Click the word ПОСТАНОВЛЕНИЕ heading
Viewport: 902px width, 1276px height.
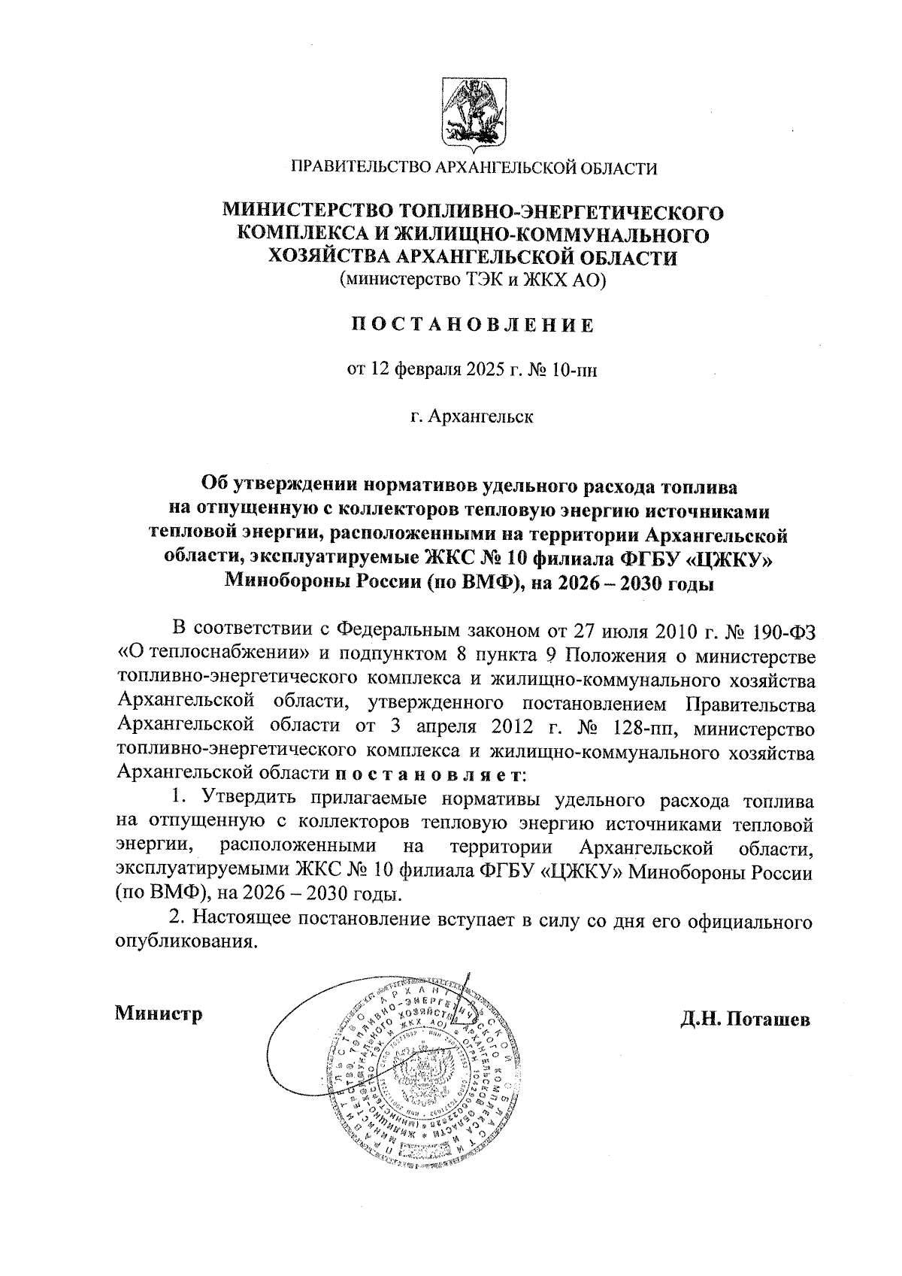click(473, 326)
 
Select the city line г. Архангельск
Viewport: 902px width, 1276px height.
click(472, 416)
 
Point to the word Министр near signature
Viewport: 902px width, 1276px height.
click(159, 1014)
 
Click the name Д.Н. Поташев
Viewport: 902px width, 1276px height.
click(745, 1020)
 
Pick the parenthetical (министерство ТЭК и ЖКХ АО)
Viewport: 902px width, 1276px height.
click(472, 281)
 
